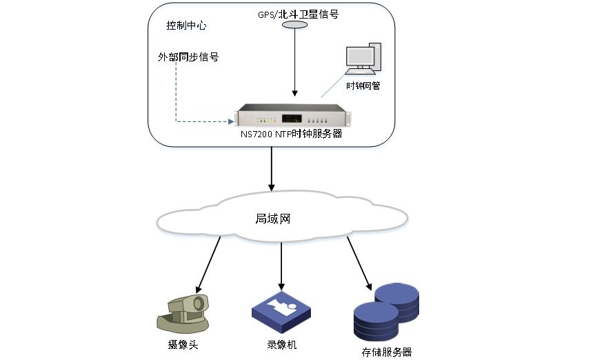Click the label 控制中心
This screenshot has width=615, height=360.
[x=186, y=26]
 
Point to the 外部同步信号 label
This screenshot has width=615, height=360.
[x=188, y=57]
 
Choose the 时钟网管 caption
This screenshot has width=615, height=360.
[x=363, y=86]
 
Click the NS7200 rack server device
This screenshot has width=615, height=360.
[x=289, y=115]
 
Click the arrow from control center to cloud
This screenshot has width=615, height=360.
[x=272, y=168]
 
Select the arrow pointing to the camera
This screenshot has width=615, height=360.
[x=209, y=263]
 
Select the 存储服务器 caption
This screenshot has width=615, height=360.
[x=386, y=352]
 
